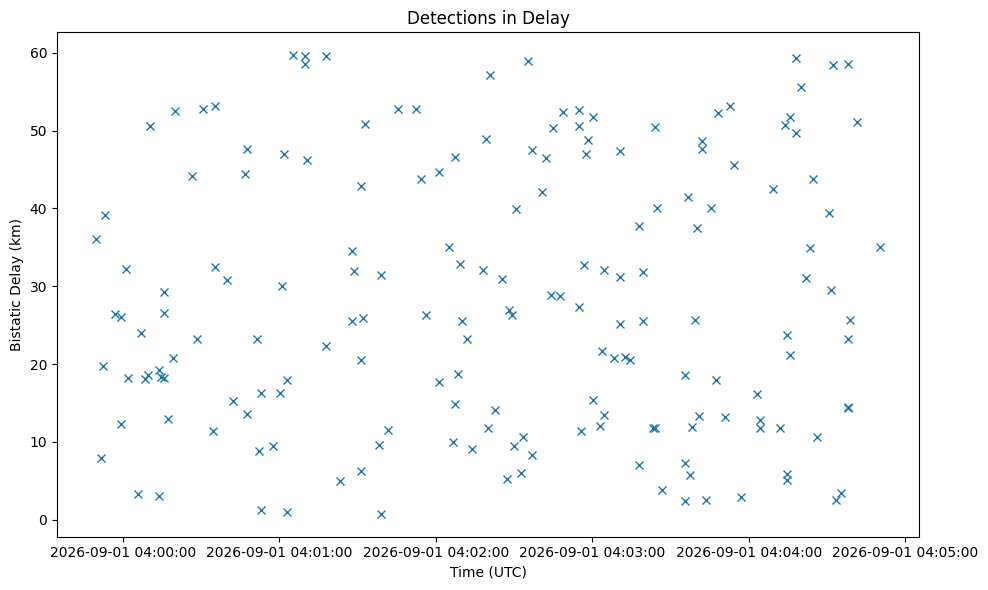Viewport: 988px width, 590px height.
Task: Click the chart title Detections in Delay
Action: [488, 18]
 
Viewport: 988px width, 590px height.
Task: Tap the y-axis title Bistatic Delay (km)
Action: [15, 286]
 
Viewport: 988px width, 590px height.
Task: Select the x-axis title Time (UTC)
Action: [488, 572]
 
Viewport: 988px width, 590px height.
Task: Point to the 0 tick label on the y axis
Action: [44, 520]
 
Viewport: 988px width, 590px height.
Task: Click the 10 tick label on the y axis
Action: [40, 442]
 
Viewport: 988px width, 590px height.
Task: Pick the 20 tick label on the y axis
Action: [40, 364]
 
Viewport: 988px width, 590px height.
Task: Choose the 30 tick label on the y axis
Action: [40, 287]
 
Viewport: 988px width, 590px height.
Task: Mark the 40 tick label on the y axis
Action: [40, 209]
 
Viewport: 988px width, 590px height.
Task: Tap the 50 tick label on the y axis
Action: [40, 131]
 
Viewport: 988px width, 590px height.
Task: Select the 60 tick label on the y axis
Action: [40, 53]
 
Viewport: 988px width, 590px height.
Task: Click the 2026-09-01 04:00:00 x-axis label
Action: [123, 552]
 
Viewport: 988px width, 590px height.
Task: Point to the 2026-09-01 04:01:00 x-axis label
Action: [280, 552]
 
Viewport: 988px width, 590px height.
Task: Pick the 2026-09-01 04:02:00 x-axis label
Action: [436, 552]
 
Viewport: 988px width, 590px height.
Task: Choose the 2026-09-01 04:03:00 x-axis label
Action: [592, 552]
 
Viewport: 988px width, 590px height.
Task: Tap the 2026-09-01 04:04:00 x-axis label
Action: [749, 552]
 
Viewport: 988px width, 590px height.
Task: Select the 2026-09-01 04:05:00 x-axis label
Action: [905, 552]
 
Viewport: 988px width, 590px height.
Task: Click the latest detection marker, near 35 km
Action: [880, 248]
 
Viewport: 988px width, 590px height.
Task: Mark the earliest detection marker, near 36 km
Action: [96, 240]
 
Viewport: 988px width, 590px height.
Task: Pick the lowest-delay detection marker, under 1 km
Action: [381, 514]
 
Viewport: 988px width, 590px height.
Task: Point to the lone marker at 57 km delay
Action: [490, 76]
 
